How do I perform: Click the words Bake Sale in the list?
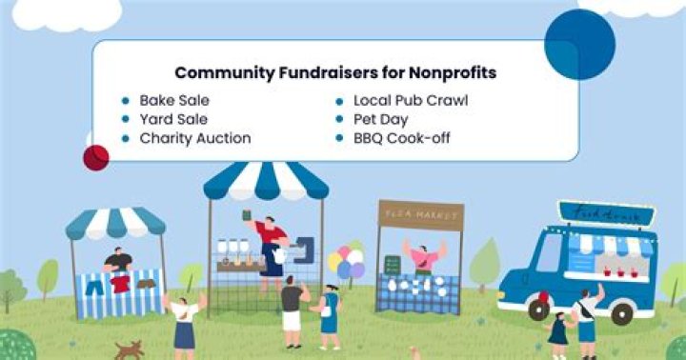(174, 99)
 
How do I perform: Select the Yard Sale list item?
(174, 119)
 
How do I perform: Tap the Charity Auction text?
(195, 138)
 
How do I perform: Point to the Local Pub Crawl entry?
(411, 99)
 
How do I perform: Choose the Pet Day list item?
(380, 119)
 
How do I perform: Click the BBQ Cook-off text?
(401, 138)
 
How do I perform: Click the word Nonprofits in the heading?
(460, 72)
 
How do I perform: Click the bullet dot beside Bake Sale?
(125, 100)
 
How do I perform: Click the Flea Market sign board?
(420, 214)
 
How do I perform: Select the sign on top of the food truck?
(606, 213)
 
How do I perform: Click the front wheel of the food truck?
(539, 310)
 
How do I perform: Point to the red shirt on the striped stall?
(120, 283)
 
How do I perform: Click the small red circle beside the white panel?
(96, 156)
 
